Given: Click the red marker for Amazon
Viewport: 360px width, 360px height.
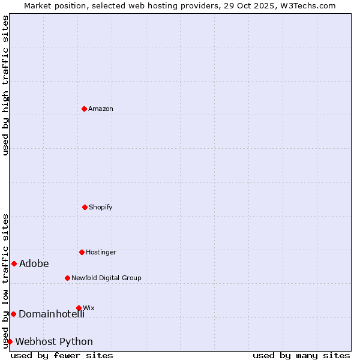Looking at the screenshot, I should (84, 109).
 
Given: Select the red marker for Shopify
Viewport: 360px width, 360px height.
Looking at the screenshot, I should (85, 207).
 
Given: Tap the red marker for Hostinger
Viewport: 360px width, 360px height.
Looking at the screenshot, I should (82, 252).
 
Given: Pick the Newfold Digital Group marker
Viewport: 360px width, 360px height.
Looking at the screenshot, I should (67, 278).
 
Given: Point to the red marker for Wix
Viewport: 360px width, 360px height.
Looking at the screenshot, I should (79, 308).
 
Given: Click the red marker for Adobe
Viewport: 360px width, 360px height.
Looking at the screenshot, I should (14, 263).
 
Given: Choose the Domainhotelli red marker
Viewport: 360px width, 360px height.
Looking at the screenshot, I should (13, 314).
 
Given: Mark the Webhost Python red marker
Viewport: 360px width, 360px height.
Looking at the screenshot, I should (10, 341).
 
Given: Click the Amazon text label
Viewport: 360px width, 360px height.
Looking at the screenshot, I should (101, 109).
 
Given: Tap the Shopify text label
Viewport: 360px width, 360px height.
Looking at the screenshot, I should (101, 207).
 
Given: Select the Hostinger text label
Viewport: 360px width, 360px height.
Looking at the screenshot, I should (101, 252).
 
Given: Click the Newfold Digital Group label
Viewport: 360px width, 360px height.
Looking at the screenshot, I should (106, 278).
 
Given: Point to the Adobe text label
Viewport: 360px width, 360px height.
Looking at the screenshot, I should (34, 263).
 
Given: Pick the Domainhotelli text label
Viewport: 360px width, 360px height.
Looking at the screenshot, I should (52, 314).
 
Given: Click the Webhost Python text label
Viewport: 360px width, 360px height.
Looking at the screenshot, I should (54, 341).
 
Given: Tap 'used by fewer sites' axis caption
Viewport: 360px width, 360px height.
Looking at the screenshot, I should (62, 355).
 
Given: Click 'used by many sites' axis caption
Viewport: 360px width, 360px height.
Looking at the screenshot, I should (301, 355).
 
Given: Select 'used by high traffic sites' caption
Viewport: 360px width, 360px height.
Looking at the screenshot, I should (6, 85).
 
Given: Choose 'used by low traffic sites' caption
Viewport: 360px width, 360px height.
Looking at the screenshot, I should (6, 281).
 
